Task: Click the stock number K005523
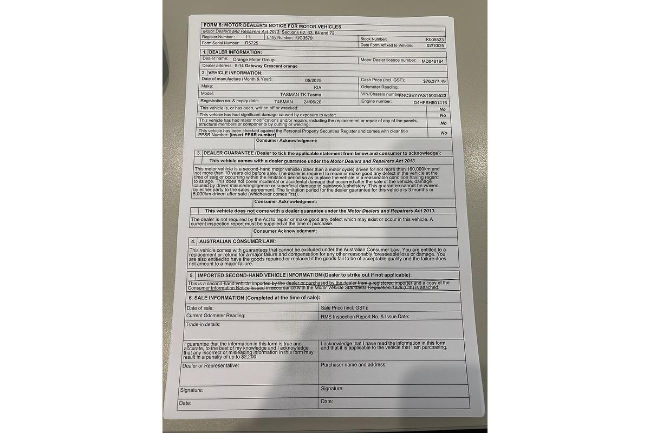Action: point(434,40)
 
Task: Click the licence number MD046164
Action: point(433,61)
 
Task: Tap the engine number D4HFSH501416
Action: point(431,102)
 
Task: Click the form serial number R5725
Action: point(252,43)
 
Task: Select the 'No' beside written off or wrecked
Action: point(443,109)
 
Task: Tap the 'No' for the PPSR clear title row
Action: point(444,133)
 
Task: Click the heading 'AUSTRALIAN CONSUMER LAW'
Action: point(238,241)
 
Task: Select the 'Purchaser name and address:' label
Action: point(354,365)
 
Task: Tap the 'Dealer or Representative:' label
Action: point(211,366)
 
